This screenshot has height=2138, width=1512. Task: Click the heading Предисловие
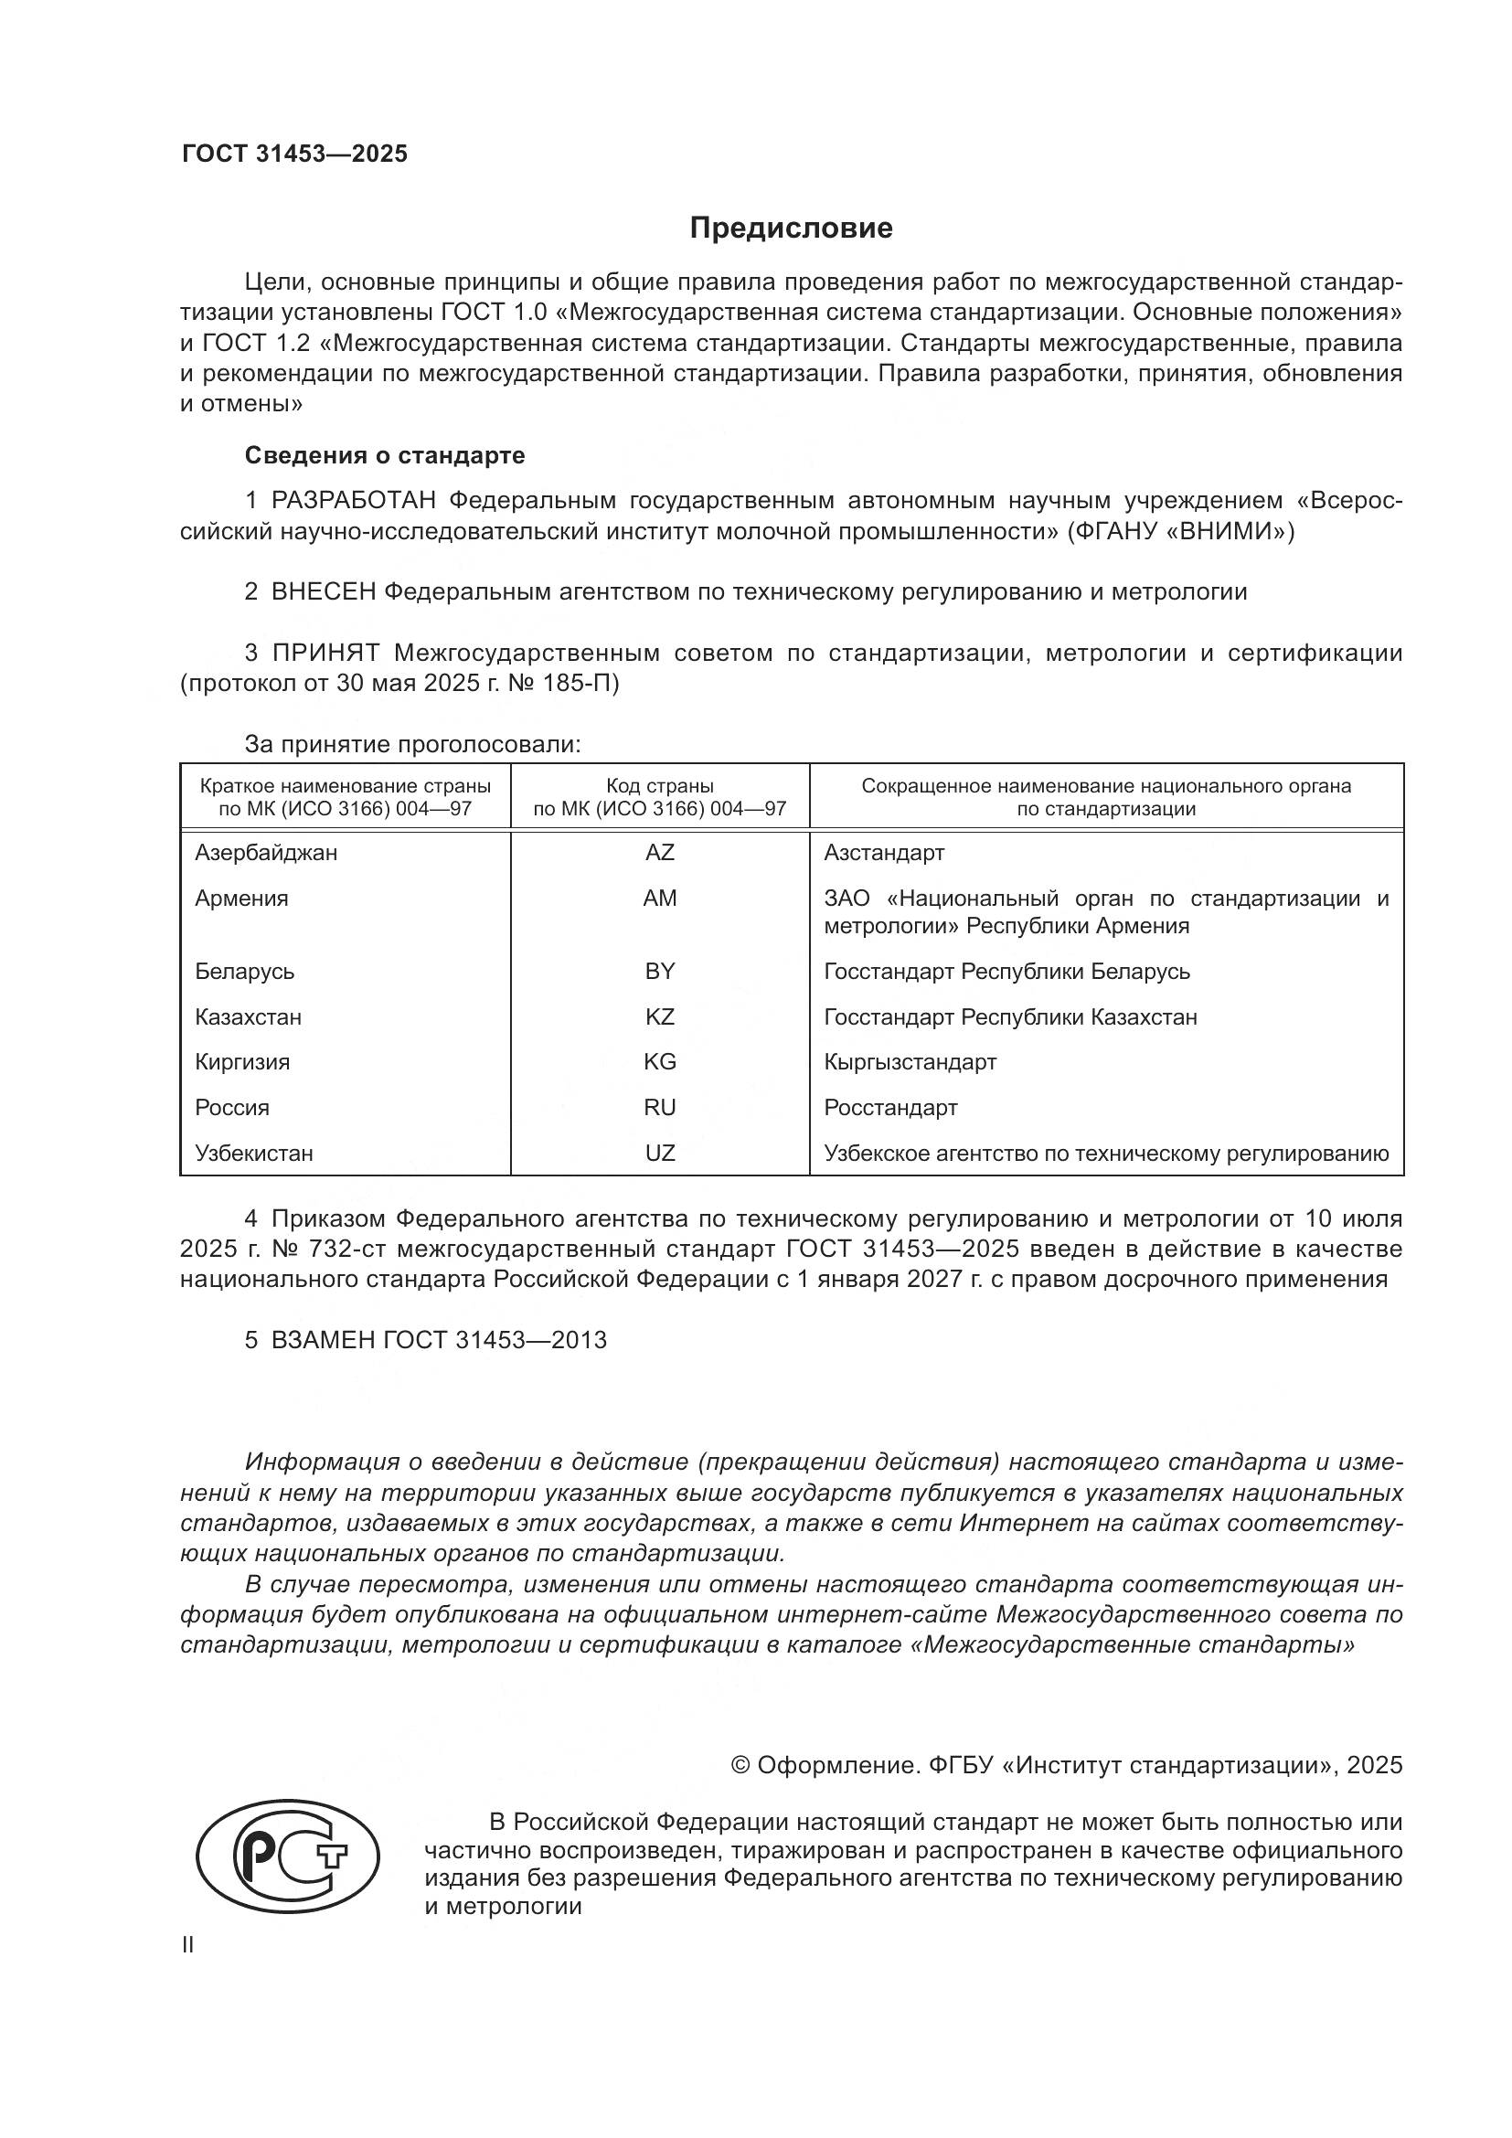point(791,229)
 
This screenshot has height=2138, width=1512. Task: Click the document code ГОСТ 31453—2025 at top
point(294,154)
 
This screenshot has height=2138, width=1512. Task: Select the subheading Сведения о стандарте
point(385,455)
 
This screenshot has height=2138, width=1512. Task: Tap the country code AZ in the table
point(659,852)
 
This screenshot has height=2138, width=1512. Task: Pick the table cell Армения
point(242,899)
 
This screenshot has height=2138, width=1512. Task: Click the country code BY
point(659,972)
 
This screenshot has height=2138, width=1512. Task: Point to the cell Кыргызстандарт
point(910,1062)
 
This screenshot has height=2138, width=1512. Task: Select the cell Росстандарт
point(890,1108)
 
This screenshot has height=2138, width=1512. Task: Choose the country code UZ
point(659,1154)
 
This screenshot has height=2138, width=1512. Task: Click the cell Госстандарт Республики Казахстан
point(1010,1016)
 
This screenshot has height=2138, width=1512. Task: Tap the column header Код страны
point(659,786)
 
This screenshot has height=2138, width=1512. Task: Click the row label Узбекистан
point(253,1154)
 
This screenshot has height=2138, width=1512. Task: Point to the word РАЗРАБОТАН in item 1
point(354,501)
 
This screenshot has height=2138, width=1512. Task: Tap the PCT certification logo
point(288,1857)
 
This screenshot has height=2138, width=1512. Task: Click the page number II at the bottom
point(188,1945)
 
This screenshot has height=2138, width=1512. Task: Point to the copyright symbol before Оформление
point(740,1766)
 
